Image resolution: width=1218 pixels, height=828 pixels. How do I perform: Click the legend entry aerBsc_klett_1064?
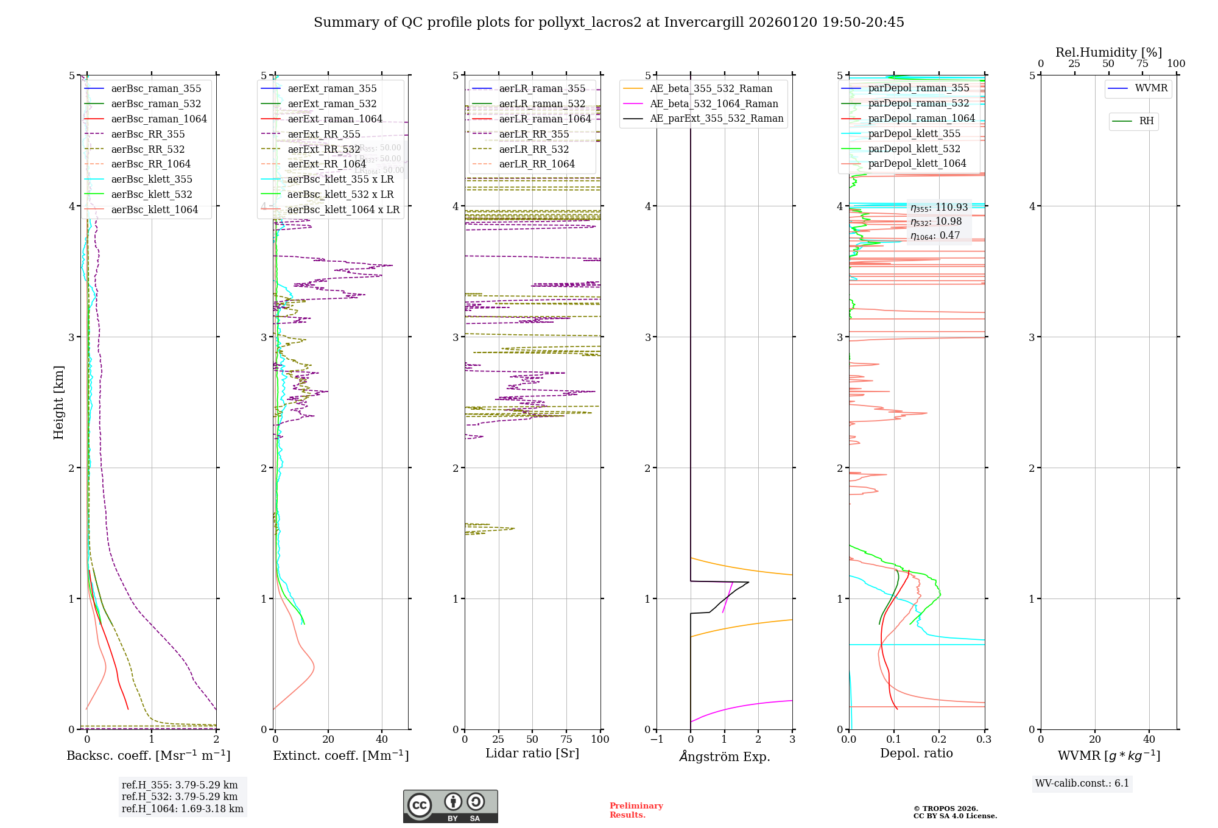coord(154,209)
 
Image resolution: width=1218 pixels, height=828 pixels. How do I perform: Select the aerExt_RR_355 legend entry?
coord(323,134)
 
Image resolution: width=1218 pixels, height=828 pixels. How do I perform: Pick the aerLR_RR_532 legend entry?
coord(533,149)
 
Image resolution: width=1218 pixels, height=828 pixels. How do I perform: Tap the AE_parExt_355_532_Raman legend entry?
coord(716,118)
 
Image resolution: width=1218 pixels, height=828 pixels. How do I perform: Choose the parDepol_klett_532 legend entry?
coord(913,149)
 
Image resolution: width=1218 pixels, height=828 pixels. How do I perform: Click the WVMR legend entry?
coord(1150,88)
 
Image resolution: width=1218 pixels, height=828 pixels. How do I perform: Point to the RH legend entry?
coord(1146,121)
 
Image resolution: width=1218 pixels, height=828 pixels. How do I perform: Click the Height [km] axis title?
coord(58,402)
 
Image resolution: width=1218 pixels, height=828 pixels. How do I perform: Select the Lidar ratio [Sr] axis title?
coord(532,753)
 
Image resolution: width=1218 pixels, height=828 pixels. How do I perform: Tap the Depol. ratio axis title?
coord(916,753)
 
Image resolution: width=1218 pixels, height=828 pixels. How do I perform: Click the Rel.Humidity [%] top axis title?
coord(1108,52)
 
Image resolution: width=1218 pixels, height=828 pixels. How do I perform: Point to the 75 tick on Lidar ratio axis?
coord(566,739)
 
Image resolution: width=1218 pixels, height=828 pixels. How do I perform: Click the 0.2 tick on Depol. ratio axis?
coord(939,739)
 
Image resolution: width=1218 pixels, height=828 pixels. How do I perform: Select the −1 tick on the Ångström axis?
coord(657,739)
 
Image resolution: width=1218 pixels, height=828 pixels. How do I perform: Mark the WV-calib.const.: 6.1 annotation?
coord(1082,783)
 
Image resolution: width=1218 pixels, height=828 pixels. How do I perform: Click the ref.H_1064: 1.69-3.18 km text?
coord(182,809)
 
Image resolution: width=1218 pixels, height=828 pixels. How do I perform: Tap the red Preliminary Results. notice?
coord(636,810)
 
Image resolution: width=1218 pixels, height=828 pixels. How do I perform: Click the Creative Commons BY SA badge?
coord(450,806)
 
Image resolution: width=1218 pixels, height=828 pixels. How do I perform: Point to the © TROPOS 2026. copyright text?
coord(945,809)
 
